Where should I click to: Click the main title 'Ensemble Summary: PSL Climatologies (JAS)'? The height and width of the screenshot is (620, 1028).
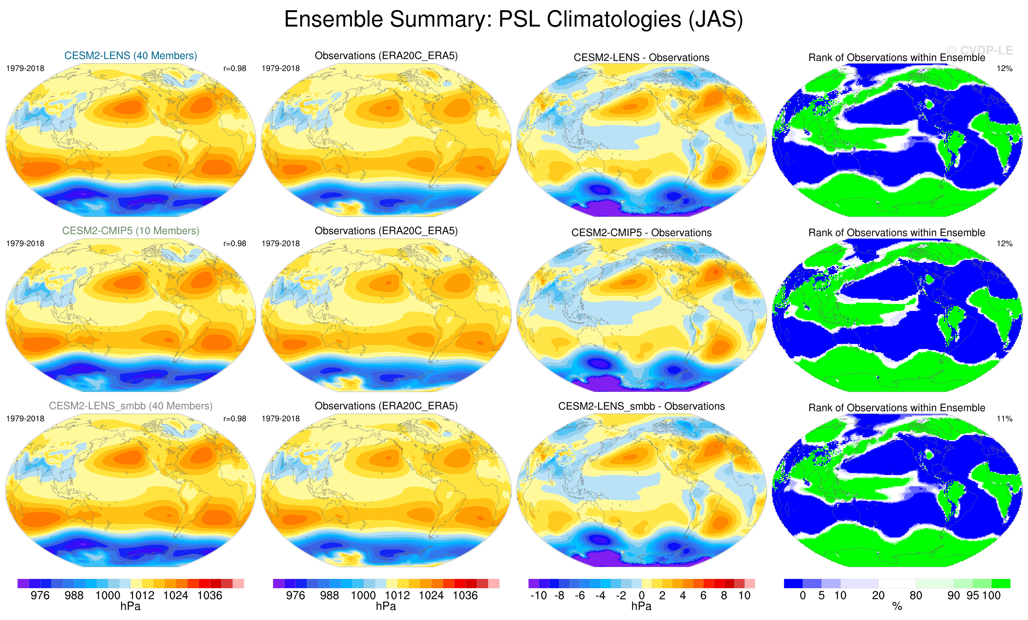(513, 20)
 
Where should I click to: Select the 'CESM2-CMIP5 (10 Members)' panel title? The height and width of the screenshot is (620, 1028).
(131, 231)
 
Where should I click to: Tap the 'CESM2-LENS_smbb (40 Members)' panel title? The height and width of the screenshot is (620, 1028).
(131, 406)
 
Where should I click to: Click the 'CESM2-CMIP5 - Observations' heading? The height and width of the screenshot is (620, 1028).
(641, 233)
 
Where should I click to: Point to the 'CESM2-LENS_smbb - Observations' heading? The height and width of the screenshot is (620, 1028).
(641, 406)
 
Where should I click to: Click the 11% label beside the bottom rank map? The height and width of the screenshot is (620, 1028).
(1004, 419)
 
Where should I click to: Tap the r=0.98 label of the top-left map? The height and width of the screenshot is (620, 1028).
(234, 68)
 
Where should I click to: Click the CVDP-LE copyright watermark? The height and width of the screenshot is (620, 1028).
(979, 51)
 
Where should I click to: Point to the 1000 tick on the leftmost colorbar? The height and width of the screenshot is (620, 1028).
(107, 595)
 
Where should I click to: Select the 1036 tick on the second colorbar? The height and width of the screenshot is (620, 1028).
(465, 595)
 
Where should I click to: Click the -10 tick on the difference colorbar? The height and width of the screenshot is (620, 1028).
(538, 595)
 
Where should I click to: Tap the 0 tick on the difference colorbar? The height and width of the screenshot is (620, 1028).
(642, 595)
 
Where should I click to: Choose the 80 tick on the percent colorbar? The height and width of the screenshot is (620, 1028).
(916, 595)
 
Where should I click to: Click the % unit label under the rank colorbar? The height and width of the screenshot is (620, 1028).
(897, 606)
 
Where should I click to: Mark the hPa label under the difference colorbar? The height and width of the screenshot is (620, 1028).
(641, 606)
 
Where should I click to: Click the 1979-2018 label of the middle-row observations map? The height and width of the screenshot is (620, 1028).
(280, 244)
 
